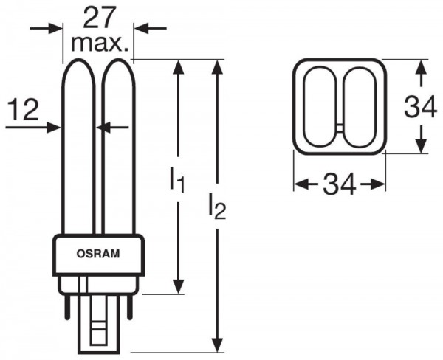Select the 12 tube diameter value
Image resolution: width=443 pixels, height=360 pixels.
click(25, 111)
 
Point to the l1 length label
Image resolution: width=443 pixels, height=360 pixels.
click(176, 179)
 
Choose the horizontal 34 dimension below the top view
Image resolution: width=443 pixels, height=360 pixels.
click(340, 183)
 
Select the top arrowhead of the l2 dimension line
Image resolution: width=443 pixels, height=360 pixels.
click(216, 68)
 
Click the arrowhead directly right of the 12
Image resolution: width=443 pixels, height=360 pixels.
click(54, 128)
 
